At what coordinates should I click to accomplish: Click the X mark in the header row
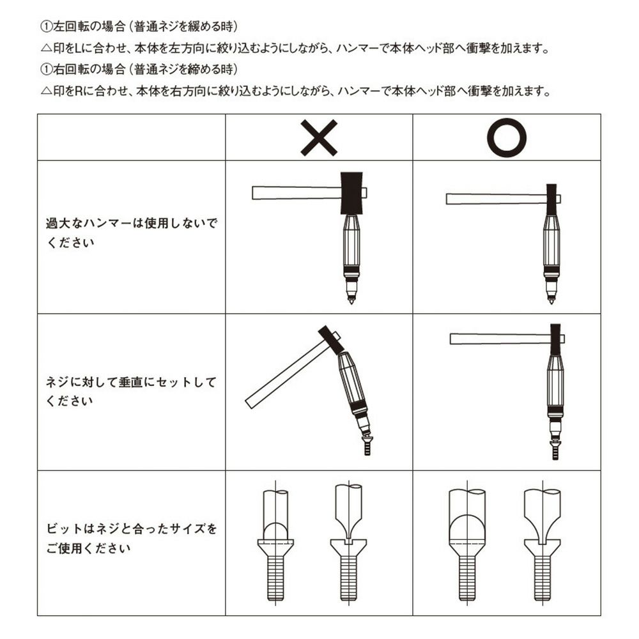(319, 138)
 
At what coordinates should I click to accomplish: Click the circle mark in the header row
(507, 138)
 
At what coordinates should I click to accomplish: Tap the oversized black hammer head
(351, 192)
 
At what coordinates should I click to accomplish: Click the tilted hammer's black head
(330, 340)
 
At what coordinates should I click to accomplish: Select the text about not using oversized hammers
(131, 233)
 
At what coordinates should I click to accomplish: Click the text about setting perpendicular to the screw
(130, 391)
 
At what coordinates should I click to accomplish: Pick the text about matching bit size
(131, 538)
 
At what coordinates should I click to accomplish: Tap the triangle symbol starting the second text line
(47, 49)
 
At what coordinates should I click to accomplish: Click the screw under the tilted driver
(367, 445)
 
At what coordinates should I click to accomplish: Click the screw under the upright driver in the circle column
(555, 450)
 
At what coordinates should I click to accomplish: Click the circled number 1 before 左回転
(47, 27)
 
